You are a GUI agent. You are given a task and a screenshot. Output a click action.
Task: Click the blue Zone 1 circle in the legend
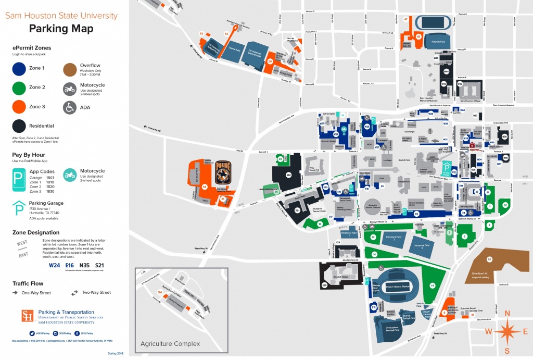tap(20, 68)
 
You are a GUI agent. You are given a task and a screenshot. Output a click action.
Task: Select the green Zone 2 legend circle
tap(20, 88)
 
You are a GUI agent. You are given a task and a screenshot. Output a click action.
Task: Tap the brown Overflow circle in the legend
tap(70, 68)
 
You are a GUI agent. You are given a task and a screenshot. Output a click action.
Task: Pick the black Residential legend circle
tap(20, 126)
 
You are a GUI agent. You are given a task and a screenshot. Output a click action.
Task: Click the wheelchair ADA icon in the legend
tap(70, 107)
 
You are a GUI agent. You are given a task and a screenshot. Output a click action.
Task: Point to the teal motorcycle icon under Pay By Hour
tap(70, 174)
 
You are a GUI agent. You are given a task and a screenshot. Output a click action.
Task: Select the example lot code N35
tap(84, 265)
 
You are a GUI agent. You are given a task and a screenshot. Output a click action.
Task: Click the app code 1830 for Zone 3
tap(50, 191)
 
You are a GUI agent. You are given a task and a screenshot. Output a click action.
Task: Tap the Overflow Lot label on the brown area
tap(479, 274)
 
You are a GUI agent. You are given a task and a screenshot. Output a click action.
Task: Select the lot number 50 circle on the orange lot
tap(270, 61)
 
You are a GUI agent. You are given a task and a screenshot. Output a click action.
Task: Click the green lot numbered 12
tap(373, 237)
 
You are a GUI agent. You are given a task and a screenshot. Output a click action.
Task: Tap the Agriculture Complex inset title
tap(170, 343)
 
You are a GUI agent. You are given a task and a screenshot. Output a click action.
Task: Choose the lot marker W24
tap(336, 134)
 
